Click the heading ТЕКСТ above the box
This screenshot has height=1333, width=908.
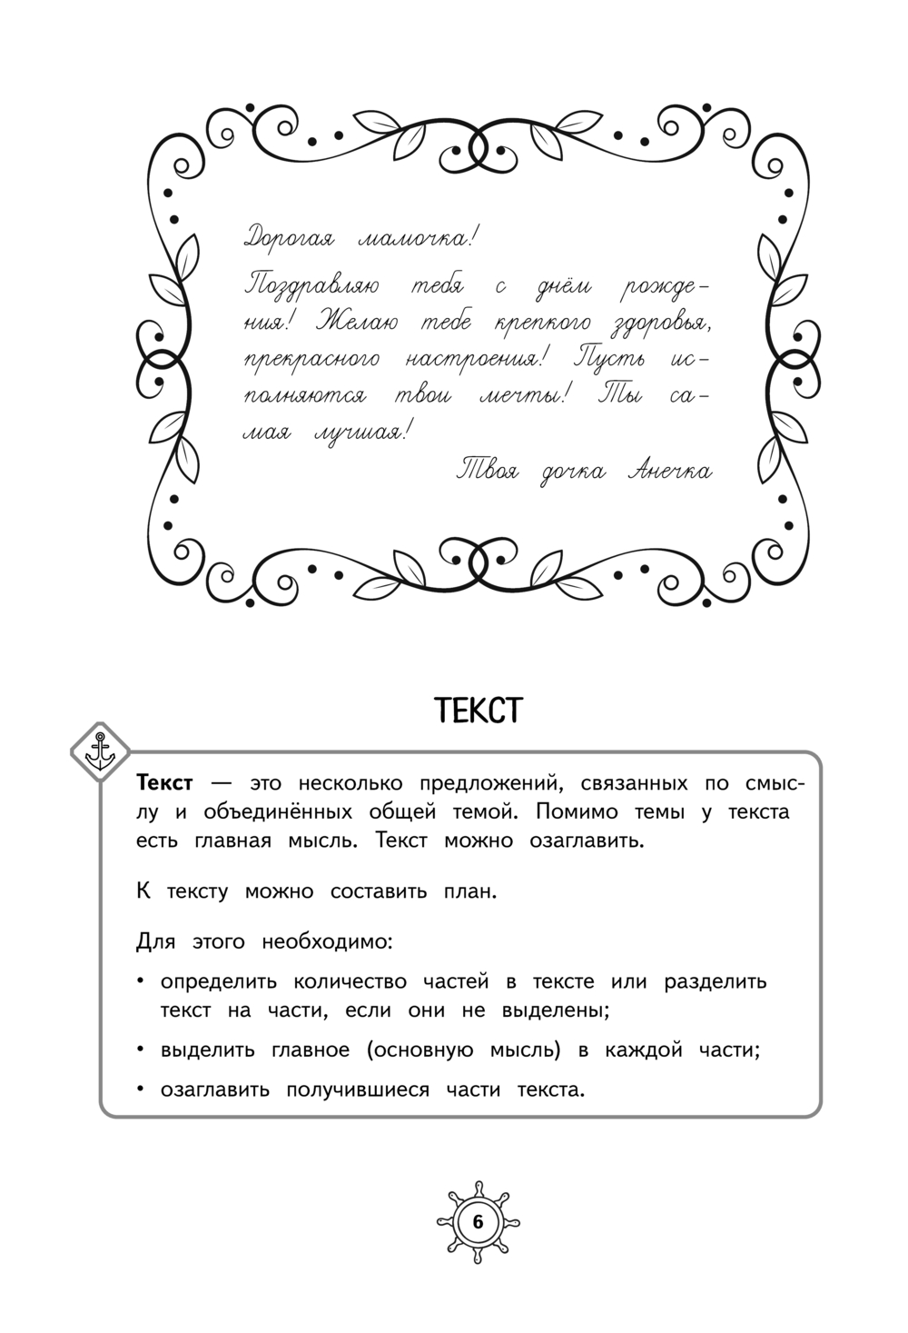click(479, 711)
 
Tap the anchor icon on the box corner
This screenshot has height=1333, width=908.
click(97, 751)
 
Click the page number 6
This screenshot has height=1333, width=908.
click(479, 1221)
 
